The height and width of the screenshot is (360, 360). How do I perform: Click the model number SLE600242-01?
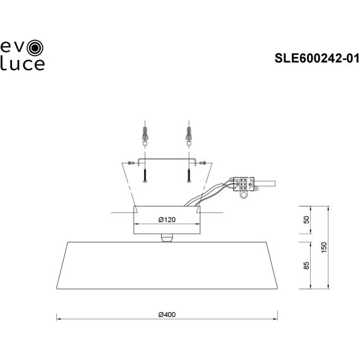point(316,59)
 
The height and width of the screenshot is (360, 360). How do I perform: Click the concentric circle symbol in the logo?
point(37,46)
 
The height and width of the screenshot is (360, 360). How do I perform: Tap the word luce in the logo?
point(23,63)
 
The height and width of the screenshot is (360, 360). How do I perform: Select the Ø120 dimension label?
point(166,220)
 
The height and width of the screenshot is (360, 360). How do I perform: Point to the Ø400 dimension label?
point(166,314)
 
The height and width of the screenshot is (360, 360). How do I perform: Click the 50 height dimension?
point(306,220)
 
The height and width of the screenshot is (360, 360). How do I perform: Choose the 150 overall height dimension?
point(324,248)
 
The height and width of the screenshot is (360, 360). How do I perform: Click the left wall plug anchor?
point(145,136)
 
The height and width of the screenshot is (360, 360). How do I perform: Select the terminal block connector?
point(243,184)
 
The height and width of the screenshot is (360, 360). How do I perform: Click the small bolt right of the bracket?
point(203,162)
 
